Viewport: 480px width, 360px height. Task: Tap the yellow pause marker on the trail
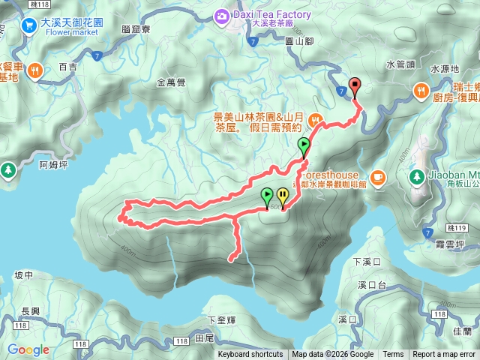tap(283, 196)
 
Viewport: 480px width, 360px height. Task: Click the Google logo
tap(28, 350)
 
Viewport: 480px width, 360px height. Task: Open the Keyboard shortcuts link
tap(250, 355)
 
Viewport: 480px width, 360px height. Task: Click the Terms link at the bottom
tap(393, 355)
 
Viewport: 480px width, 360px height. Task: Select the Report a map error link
tap(443, 355)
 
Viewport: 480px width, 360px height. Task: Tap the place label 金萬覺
tap(172, 82)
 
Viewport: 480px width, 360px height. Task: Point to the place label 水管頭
tap(400, 65)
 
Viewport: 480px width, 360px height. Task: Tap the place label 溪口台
tap(371, 285)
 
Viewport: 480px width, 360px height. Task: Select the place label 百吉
tap(67, 67)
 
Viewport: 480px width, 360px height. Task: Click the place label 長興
tap(31, 312)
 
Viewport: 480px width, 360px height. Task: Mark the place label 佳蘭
tap(463, 330)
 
